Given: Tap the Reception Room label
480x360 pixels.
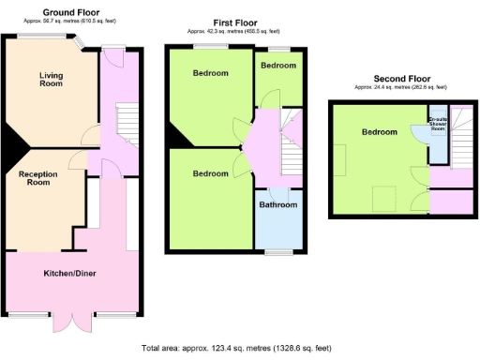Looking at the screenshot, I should coord(37,176).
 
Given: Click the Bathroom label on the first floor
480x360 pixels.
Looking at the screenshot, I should coord(278,204).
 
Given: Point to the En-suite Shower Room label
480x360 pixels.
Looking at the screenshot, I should coord(438,126).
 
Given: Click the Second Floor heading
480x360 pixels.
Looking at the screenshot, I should coord(400,78).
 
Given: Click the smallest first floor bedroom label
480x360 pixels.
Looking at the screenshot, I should coord(278,66).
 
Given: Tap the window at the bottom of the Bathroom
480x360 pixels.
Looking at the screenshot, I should coord(278,251).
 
